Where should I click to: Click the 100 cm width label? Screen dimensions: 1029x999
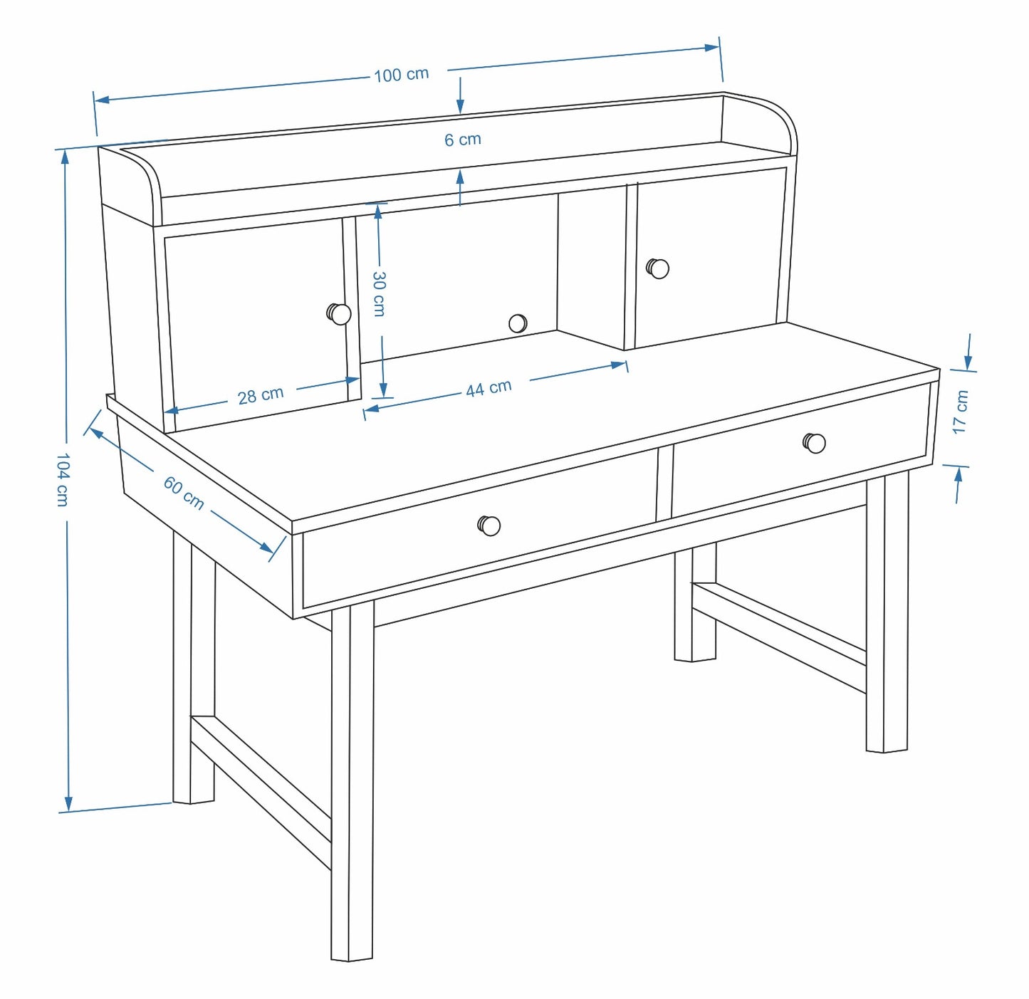[x=402, y=75]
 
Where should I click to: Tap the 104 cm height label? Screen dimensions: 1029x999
[x=63, y=478]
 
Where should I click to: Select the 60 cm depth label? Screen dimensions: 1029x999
[x=184, y=493]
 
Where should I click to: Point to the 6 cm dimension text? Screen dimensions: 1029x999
[x=463, y=140]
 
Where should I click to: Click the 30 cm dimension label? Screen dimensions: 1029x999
[x=379, y=294]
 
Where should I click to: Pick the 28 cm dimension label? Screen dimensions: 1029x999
[x=261, y=395]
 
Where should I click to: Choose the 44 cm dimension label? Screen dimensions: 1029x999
[x=489, y=388]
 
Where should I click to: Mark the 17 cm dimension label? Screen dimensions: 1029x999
[x=960, y=412]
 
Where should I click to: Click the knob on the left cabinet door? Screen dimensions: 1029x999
[x=339, y=314]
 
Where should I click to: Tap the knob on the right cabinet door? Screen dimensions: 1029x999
[x=658, y=268]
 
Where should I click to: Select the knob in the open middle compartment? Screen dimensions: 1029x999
[x=518, y=323]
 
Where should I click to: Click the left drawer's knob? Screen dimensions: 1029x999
[x=489, y=525]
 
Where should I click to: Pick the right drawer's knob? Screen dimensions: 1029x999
[x=815, y=443]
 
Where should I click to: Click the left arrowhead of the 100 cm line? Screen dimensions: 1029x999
[x=102, y=100]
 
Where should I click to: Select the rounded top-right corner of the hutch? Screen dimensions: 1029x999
[x=781, y=113]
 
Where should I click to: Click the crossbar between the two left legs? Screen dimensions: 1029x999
[x=261, y=793]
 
